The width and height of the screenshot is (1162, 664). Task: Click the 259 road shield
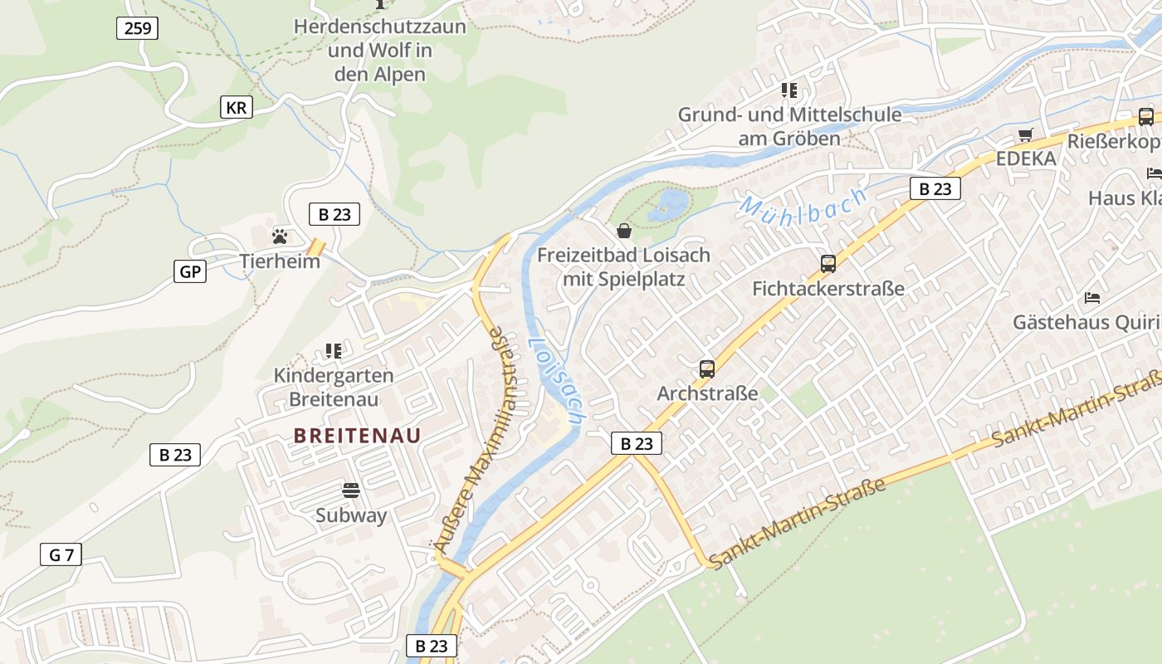coord(137,29)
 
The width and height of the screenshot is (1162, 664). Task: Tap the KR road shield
coord(237,107)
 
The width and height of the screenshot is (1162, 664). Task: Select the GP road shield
coord(190,271)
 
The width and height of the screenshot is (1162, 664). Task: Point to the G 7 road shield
coord(61,555)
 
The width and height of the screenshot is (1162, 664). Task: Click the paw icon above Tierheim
coord(280,237)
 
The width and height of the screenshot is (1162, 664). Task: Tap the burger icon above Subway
coord(351,491)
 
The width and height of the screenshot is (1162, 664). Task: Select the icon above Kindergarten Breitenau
coord(334,351)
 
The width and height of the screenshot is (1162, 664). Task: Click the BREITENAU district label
coord(358,435)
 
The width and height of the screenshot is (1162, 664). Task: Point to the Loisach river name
coord(555,377)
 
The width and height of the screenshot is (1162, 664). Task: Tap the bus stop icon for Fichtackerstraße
coord(828,264)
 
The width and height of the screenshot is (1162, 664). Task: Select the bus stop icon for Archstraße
coord(707,369)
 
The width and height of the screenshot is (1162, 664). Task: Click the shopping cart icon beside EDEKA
coord(1026,134)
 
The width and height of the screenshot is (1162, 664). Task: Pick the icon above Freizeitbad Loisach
coord(624,230)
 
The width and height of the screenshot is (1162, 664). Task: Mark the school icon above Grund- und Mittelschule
coord(788,90)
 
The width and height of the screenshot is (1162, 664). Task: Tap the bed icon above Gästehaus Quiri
coord(1092,297)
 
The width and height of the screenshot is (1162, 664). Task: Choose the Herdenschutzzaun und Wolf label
coord(380,50)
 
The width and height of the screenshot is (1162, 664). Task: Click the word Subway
coord(351,515)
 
